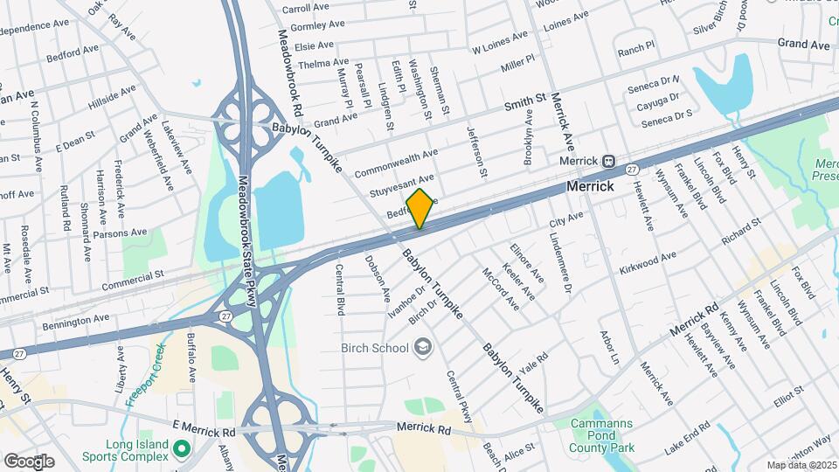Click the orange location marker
[420, 208]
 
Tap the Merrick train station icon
[608, 161]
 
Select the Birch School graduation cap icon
[423, 349]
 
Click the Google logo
[29, 461]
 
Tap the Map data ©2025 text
[801, 465]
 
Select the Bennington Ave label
[78, 323]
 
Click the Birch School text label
[375, 349]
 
